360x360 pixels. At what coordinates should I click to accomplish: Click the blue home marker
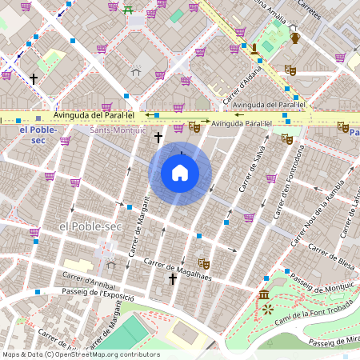(180, 173)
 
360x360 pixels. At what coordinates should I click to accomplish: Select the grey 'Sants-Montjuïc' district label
(117, 130)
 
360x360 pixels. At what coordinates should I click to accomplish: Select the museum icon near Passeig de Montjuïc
(265, 296)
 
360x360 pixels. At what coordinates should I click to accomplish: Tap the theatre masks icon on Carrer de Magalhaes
(204, 262)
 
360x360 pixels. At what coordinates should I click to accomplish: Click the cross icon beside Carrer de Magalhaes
(172, 279)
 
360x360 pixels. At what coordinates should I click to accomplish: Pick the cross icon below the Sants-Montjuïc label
(158, 138)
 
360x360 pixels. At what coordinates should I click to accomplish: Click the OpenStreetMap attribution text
(81, 354)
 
